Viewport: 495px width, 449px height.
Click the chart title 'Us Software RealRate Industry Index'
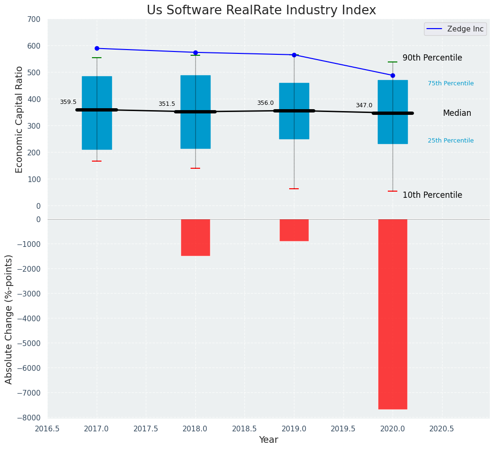click(x=261, y=10)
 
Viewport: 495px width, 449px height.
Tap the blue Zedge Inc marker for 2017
click(x=97, y=48)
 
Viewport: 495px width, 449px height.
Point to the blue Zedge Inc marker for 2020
click(x=393, y=75)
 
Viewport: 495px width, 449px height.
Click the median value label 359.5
click(x=68, y=102)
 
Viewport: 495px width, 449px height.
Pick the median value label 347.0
click(x=364, y=105)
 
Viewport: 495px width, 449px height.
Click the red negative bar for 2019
click(x=294, y=230)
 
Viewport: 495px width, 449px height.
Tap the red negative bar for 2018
click(x=195, y=237)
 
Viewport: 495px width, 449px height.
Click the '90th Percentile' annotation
click(x=432, y=58)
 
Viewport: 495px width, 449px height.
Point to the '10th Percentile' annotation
click(x=432, y=195)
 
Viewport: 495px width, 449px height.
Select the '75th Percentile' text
click(x=451, y=83)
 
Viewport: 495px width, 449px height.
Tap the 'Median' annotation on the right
click(x=457, y=113)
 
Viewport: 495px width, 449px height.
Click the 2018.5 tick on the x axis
click(x=244, y=429)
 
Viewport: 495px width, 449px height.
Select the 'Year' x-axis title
click(x=269, y=440)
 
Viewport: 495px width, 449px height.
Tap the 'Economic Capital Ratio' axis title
click(x=20, y=119)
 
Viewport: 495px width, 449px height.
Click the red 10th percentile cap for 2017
click(x=97, y=161)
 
